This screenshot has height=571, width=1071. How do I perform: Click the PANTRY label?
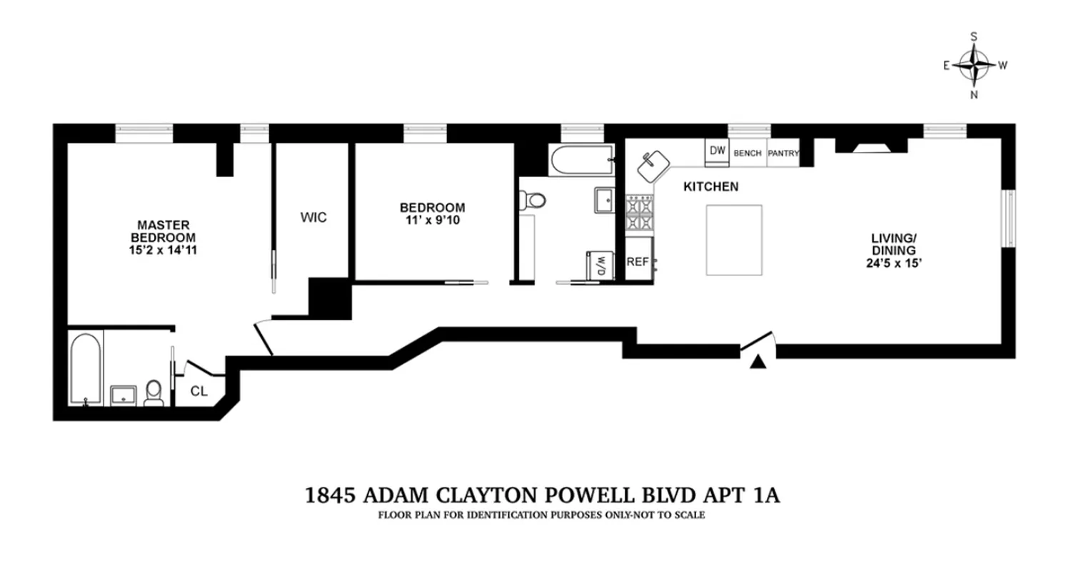click(783, 153)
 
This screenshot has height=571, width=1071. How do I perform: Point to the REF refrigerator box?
click(638, 262)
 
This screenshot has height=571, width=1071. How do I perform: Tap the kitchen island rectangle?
click(734, 240)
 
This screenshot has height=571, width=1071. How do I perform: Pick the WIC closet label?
click(313, 218)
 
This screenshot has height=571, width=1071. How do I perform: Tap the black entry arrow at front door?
click(758, 363)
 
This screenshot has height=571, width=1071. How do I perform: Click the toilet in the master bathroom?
click(154, 393)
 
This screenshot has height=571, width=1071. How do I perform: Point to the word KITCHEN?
click(710, 187)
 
